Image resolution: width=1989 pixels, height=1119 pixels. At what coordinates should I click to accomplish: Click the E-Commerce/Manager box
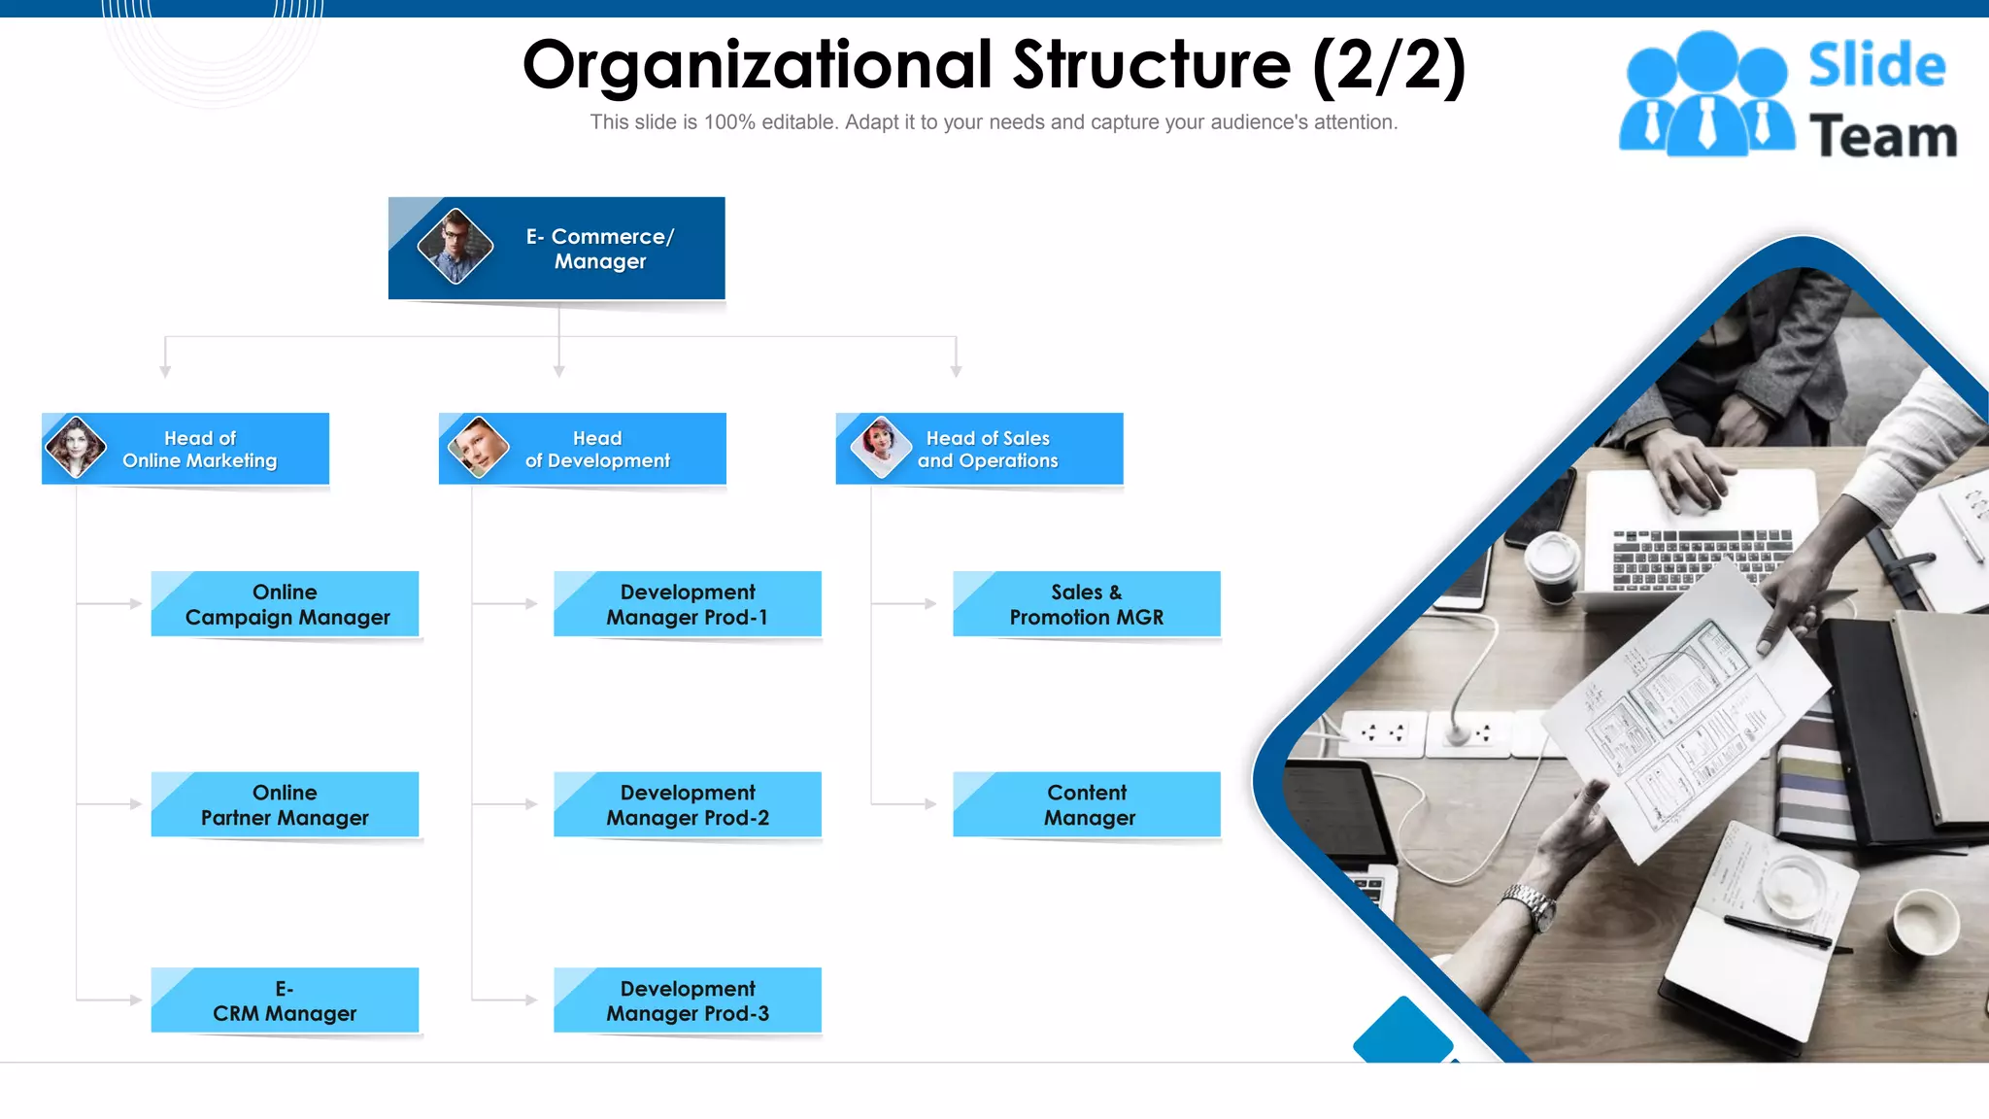click(556, 249)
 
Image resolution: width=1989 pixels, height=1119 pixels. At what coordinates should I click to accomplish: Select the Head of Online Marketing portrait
click(76, 447)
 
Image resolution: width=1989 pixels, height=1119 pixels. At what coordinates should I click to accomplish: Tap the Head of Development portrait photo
click(478, 447)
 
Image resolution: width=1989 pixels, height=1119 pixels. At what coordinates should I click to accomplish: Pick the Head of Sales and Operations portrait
click(881, 446)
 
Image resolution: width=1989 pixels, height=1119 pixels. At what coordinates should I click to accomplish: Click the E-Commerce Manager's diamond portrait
click(455, 246)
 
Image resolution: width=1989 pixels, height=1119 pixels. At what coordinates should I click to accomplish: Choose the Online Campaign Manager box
click(285, 604)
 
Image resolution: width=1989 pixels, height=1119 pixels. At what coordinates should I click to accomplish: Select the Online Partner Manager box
click(285, 805)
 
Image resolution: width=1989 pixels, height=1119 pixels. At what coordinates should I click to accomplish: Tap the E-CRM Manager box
click(285, 1000)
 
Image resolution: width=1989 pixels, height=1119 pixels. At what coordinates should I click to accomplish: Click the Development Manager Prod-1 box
click(688, 604)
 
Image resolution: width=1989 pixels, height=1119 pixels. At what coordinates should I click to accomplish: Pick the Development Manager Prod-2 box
click(688, 805)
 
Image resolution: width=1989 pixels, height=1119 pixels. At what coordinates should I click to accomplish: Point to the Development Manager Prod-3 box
click(688, 1000)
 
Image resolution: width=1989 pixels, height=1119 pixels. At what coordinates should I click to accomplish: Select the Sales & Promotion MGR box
click(1087, 604)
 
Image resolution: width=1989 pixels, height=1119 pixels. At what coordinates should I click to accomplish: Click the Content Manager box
click(1087, 805)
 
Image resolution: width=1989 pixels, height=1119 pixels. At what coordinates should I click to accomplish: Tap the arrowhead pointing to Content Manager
click(930, 804)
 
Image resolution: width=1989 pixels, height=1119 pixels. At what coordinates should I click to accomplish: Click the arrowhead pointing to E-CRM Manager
click(136, 1000)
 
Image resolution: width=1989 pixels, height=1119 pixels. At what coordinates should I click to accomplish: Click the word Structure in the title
click(1152, 66)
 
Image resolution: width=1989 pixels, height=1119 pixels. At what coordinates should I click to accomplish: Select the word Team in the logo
click(1882, 136)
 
